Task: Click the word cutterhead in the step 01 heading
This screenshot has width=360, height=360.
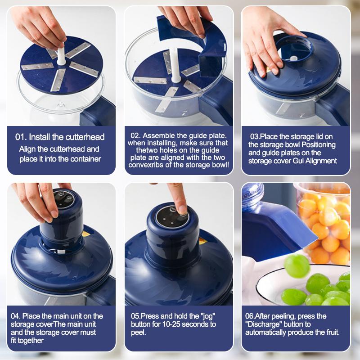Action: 84,137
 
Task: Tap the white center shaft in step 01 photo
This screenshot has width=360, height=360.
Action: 61,56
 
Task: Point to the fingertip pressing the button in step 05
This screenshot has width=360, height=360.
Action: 180,208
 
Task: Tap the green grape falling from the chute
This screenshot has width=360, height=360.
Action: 297,265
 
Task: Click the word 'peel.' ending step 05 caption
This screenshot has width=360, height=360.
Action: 139,332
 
